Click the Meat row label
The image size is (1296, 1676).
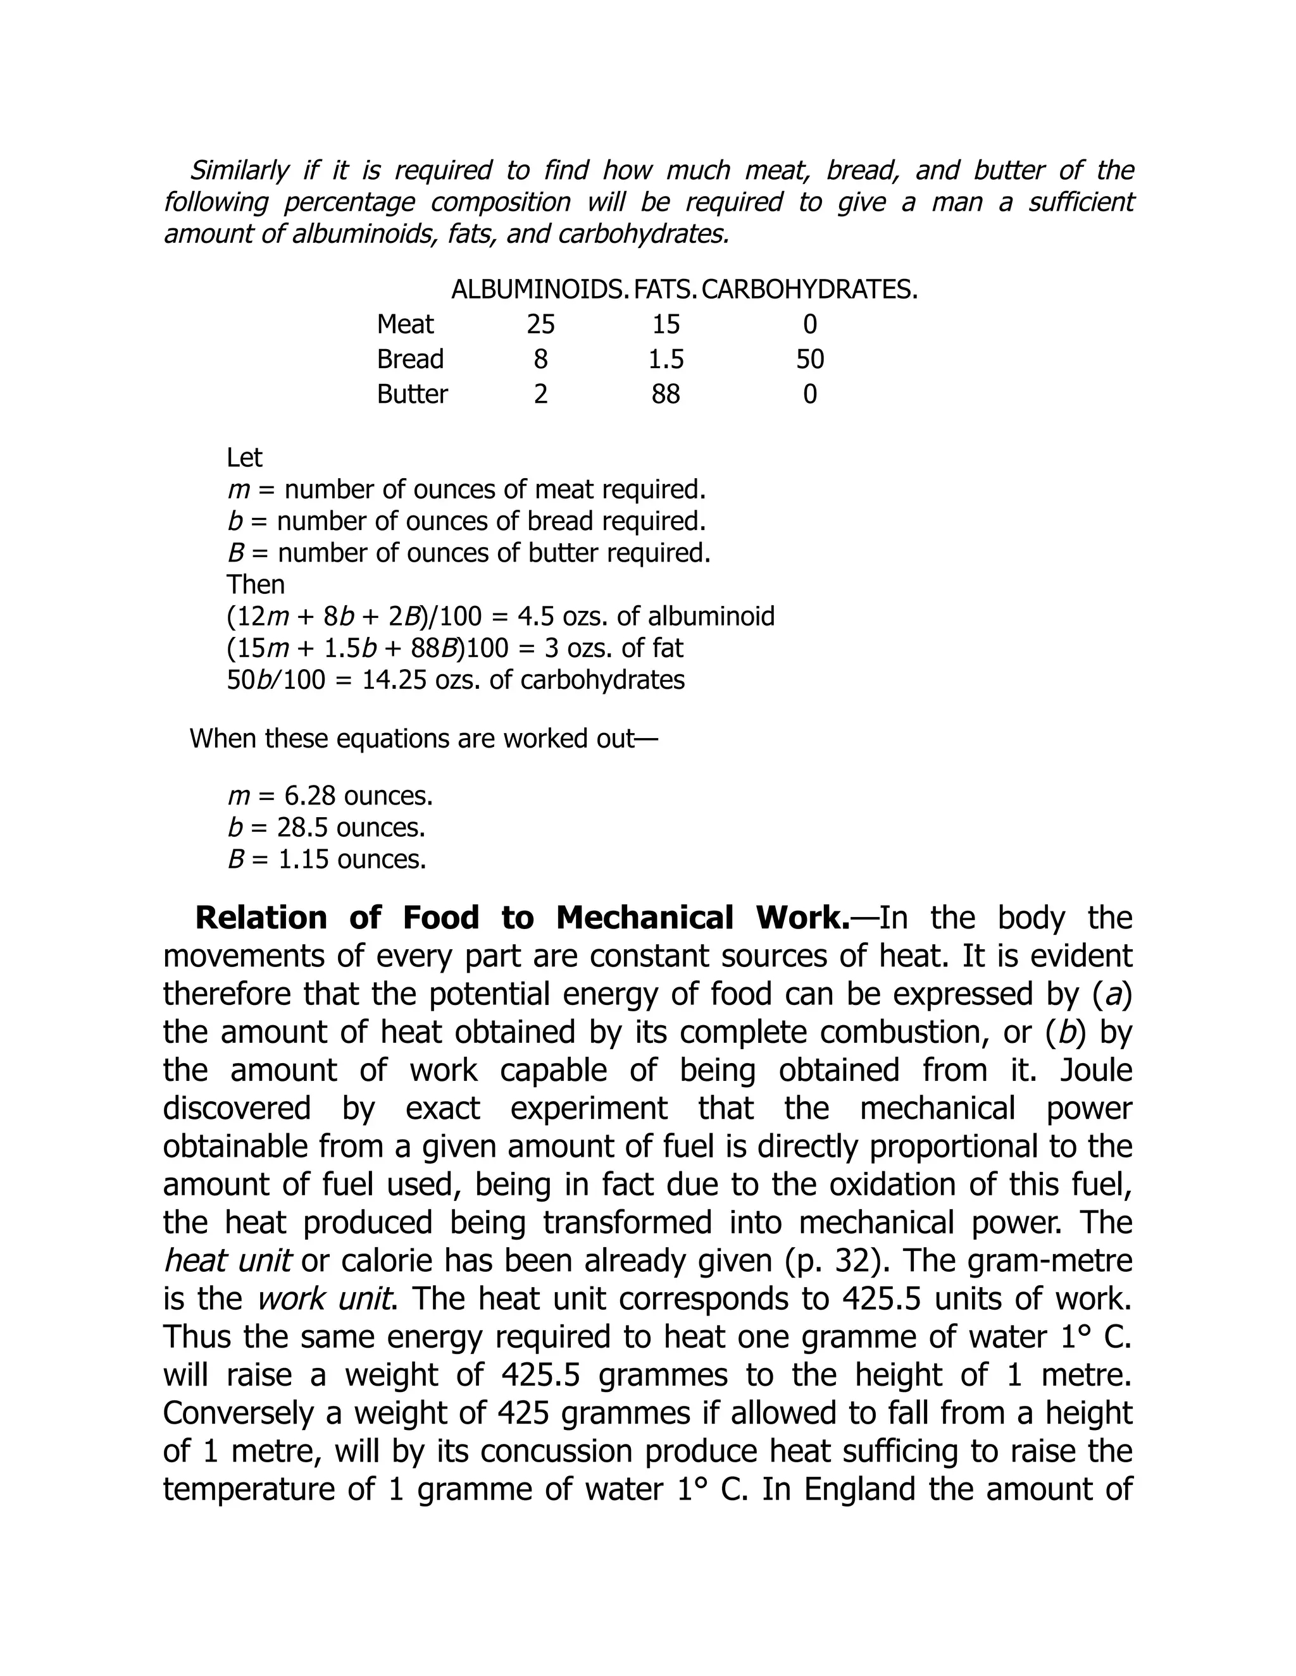(406, 324)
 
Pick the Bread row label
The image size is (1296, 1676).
(410, 359)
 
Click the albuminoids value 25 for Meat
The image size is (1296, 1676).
(540, 324)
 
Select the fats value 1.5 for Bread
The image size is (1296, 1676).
(666, 359)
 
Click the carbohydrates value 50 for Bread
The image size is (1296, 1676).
(810, 359)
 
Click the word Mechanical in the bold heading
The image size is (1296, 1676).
(644, 918)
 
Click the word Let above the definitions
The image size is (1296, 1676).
(244, 458)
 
